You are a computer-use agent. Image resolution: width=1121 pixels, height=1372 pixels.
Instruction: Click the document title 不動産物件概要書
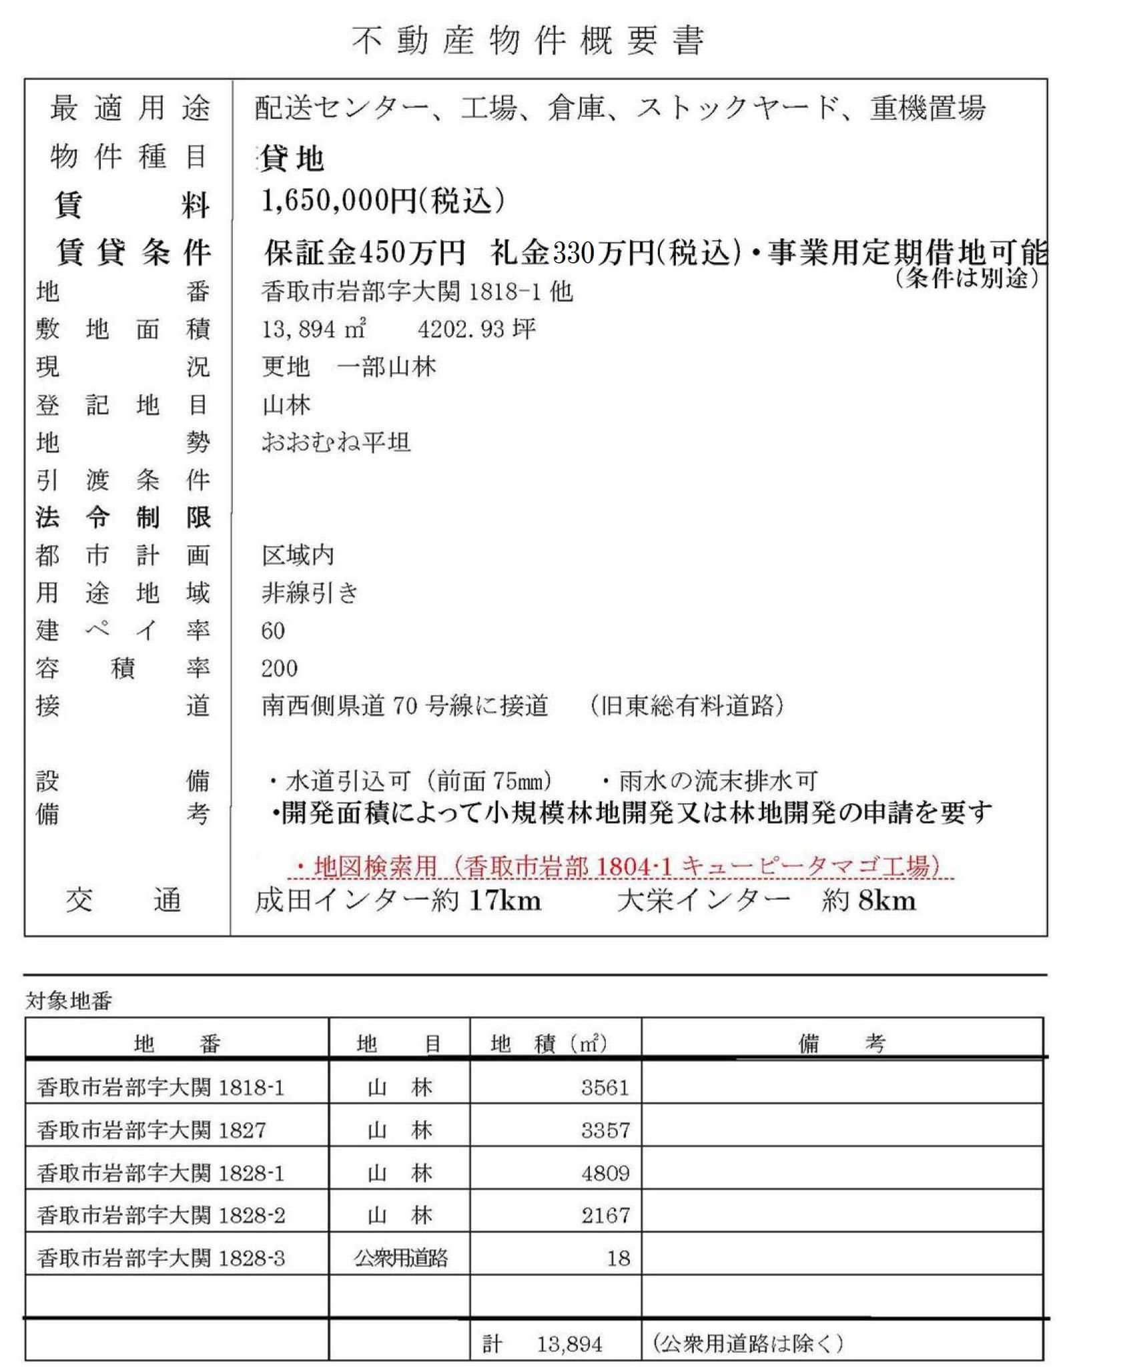click(x=528, y=41)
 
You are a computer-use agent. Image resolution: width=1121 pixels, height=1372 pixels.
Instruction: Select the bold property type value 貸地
click(x=292, y=159)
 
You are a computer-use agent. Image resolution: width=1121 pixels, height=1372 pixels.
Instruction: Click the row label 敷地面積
click(x=123, y=329)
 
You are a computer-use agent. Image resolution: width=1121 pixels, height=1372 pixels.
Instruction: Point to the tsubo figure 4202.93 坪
click(x=476, y=329)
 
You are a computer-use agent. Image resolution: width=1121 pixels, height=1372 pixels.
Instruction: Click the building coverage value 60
click(x=273, y=631)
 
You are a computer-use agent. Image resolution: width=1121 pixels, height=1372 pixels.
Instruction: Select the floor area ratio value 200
click(x=280, y=668)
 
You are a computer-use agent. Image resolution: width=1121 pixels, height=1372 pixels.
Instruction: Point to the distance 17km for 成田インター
click(x=504, y=901)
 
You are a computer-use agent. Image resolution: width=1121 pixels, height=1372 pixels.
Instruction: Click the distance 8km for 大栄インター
click(x=887, y=901)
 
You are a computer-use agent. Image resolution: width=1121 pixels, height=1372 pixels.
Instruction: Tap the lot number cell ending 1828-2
click(x=161, y=1215)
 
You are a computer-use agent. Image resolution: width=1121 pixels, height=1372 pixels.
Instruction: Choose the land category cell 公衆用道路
click(x=400, y=1259)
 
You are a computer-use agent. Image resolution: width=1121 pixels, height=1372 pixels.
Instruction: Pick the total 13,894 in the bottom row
click(x=569, y=1343)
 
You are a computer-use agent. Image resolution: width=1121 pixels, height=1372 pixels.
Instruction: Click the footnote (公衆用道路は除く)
click(x=747, y=1343)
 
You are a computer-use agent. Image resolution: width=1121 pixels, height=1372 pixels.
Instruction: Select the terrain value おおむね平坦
click(x=336, y=442)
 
